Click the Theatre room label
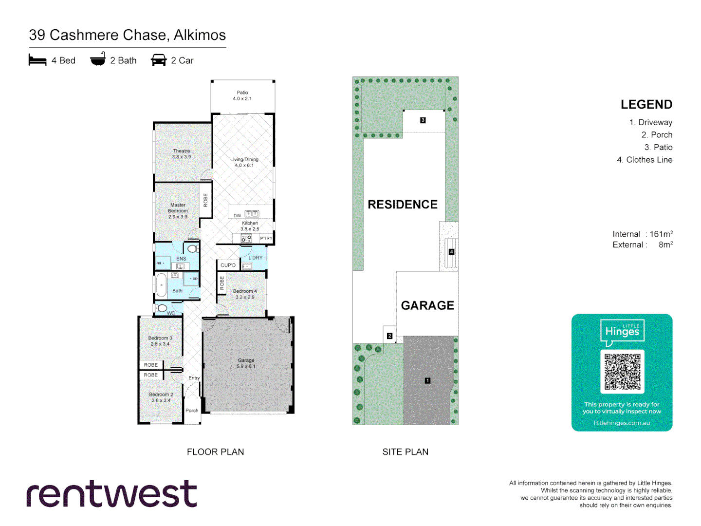(181, 154)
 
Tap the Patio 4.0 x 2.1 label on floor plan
(242, 95)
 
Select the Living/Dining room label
(244, 162)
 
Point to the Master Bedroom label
(178, 211)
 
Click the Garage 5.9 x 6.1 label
(246, 363)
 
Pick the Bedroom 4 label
(244, 294)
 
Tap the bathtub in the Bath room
(161, 285)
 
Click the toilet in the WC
(162, 308)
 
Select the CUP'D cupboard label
(228, 265)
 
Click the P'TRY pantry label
(266, 238)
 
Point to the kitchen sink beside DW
(252, 214)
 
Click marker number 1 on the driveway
(427, 380)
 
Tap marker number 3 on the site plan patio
(423, 120)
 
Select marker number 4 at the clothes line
(451, 252)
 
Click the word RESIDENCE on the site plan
(403, 205)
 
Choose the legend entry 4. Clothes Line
(645, 160)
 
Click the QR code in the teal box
(622, 372)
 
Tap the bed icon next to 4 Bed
(37, 60)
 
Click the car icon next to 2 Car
(159, 60)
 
